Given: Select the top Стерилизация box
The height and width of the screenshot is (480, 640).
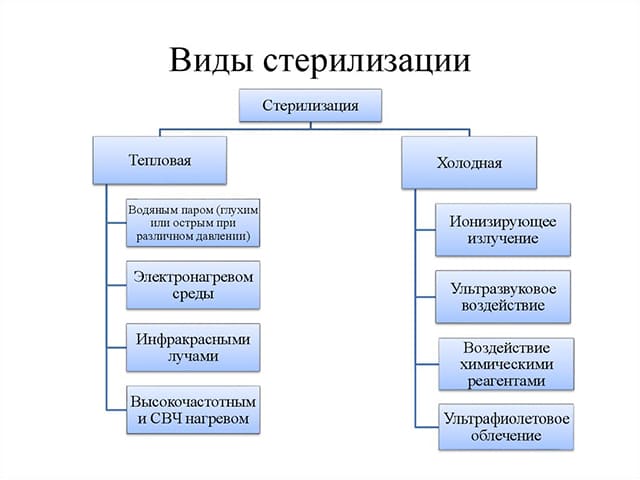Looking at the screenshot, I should (309, 104).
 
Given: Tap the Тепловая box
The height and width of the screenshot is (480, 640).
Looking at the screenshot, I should (159, 160).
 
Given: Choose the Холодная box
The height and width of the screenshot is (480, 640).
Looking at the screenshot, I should (468, 162).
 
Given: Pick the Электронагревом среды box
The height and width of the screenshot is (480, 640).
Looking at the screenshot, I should (193, 284).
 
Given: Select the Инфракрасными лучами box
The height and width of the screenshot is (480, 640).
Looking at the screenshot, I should (193, 346).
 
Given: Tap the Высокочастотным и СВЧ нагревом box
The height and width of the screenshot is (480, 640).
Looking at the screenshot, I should (193, 408).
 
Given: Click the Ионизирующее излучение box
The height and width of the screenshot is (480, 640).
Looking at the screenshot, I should (503, 229).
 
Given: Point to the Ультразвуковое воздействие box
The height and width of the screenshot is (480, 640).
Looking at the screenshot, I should (503, 295).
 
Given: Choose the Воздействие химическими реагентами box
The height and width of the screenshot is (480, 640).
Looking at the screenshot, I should (507, 363).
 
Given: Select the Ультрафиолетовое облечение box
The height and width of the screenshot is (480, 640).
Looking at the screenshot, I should (507, 426).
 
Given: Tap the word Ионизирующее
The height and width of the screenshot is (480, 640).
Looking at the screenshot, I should (503, 220).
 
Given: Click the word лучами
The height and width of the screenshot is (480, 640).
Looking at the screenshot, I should (193, 356).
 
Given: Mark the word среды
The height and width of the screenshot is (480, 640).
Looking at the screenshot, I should (193, 295).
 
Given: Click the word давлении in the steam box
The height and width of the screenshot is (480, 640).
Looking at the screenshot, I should (219, 238).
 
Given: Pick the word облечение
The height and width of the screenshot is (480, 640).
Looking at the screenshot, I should (507, 436).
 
